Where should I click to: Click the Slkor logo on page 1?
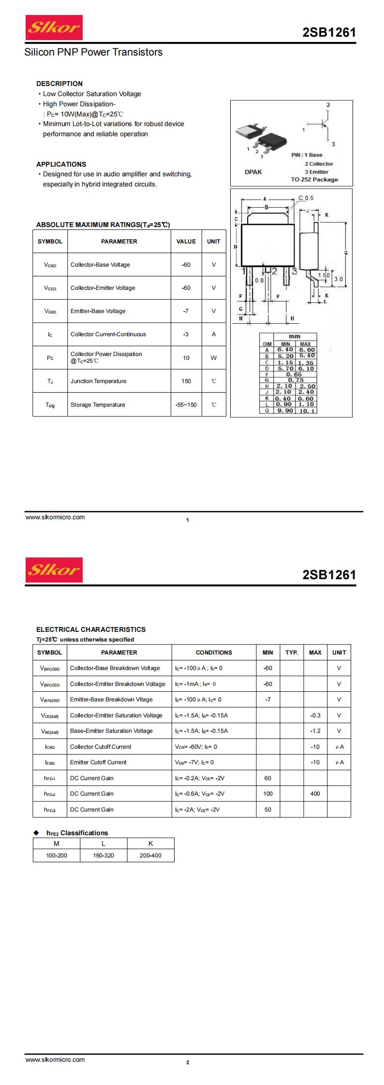coord(54,28)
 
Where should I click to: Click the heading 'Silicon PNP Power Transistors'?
coord(93,52)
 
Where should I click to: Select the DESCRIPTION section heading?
coord(59,84)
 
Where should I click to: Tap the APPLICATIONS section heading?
coord(61,164)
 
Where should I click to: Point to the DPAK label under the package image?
coord(253,171)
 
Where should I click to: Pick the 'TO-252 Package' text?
coord(314,179)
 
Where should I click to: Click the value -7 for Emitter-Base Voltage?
coord(186,311)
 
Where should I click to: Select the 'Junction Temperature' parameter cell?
coord(98,381)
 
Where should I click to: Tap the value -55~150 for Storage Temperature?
coord(186,405)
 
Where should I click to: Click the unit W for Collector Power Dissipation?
coord(213,358)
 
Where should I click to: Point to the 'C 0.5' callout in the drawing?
coord(306,198)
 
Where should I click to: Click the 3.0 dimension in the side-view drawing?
coord(338,279)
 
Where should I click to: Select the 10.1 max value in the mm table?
coord(307,411)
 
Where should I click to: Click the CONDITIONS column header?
coord(214,652)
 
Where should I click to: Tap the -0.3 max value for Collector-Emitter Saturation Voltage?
coord(315,715)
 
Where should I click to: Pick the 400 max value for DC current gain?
coord(315,794)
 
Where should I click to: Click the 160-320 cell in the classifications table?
coord(103,856)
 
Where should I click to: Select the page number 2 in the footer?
coord(188,1076)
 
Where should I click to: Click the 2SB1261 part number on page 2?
coord(329,575)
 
